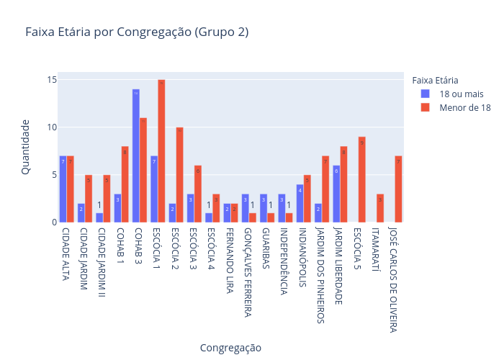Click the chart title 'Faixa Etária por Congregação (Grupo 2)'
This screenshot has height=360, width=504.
coord(137,32)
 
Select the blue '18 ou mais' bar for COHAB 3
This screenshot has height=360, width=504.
coord(135,156)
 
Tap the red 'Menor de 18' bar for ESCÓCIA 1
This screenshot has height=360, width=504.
coord(161,151)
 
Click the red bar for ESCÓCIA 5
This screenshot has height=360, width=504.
coord(361,179)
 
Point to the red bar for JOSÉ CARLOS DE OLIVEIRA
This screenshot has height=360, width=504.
coord(398,189)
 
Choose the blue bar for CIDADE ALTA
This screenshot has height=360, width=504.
coord(63,189)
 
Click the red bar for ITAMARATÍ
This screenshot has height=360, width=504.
coord(380,208)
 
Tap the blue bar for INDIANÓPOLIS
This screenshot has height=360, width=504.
coord(300,203)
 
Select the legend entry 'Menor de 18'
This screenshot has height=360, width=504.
coord(465,107)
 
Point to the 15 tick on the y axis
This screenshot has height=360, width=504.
coord(52,80)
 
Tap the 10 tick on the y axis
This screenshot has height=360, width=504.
coord(52,127)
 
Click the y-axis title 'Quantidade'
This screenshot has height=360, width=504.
coord(25,147)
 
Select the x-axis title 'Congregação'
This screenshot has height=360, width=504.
coord(230,347)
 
